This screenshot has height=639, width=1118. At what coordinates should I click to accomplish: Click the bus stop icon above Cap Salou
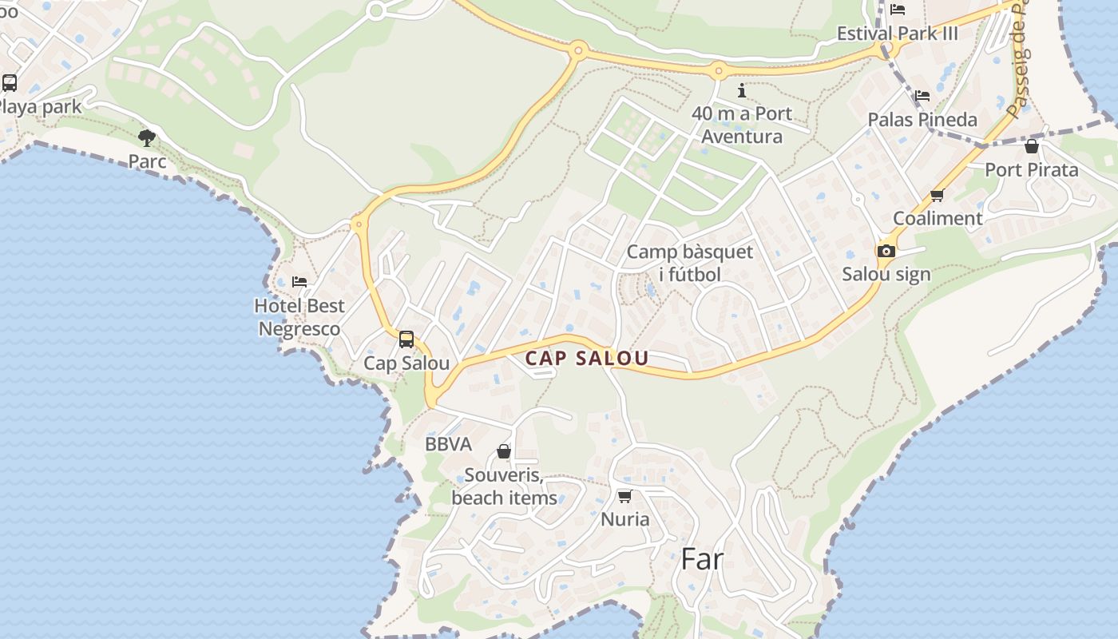(x=406, y=339)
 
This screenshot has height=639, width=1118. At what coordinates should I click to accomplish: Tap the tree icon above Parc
(x=146, y=138)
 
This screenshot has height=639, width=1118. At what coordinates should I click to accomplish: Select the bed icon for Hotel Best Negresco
(x=299, y=281)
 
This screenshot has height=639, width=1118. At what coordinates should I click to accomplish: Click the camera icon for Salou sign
(x=886, y=251)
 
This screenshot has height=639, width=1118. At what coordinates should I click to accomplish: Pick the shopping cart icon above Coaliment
(x=938, y=195)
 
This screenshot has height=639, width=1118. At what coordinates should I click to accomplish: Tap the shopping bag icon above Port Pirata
(x=1032, y=146)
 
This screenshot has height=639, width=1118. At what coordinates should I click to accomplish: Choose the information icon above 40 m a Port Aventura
(x=742, y=90)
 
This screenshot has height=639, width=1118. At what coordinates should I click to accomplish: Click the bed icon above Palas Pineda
(x=922, y=95)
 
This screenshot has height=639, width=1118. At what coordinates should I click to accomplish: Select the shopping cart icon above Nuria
(x=625, y=496)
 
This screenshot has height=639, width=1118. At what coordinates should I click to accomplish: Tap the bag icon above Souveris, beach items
(x=504, y=452)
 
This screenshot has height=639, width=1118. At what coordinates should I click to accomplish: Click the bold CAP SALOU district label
(x=587, y=359)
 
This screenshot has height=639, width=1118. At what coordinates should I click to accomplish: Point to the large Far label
(x=702, y=559)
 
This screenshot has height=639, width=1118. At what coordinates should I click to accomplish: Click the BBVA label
(x=448, y=444)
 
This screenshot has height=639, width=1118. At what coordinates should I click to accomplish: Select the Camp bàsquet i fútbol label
(x=689, y=263)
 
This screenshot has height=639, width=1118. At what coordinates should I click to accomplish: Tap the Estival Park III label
(x=897, y=34)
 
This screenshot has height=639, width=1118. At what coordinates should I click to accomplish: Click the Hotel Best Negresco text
(x=299, y=317)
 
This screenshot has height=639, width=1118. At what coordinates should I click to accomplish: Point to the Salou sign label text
(x=886, y=274)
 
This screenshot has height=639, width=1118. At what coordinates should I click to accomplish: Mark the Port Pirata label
(x=1031, y=169)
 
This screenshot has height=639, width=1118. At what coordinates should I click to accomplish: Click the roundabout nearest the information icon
(x=718, y=70)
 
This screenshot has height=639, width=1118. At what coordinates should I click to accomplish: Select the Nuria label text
(x=625, y=519)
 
